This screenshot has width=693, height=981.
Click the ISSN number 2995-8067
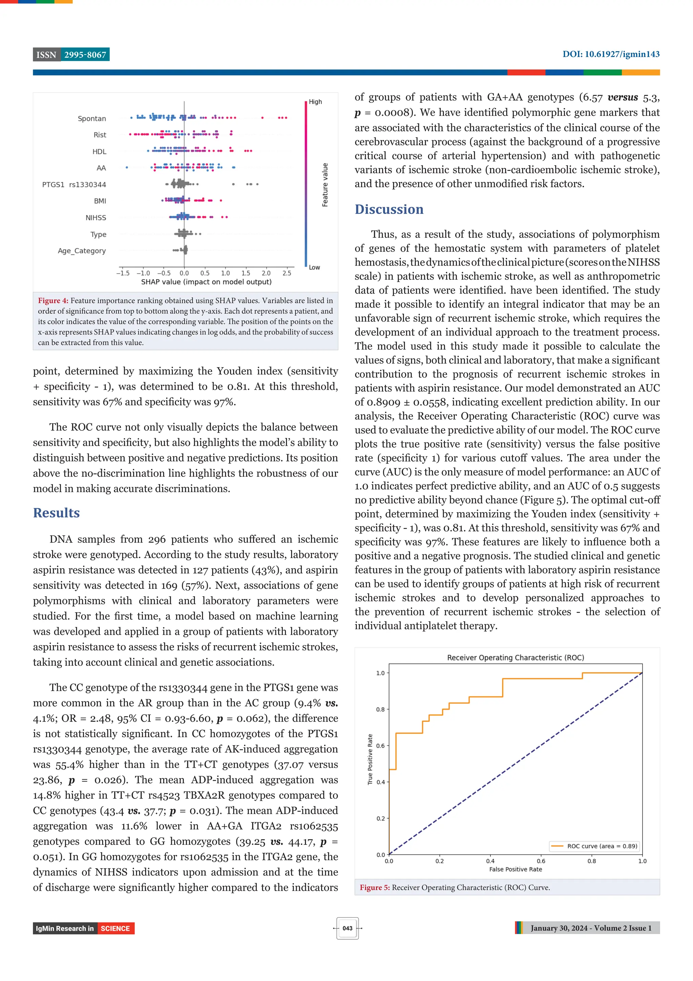click(85, 55)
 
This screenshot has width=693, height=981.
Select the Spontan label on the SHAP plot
click(92, 119)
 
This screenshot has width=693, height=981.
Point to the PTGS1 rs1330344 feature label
click(74, 185)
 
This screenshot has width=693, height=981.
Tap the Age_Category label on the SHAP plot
click(82, 251)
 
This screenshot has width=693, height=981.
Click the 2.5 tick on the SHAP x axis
click(287, 273)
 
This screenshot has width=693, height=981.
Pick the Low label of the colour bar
click(314, 268)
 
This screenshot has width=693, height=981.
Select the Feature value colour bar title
click(325, 185)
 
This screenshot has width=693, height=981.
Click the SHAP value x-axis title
click(206, 282)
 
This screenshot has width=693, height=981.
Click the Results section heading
click(57, 513)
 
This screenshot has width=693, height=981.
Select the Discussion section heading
click(389, 209)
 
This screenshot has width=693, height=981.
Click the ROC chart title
click(515, 658)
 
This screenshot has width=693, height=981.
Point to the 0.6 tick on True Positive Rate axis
click(380, 746)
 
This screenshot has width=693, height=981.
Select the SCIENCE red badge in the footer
click(115, 929)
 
